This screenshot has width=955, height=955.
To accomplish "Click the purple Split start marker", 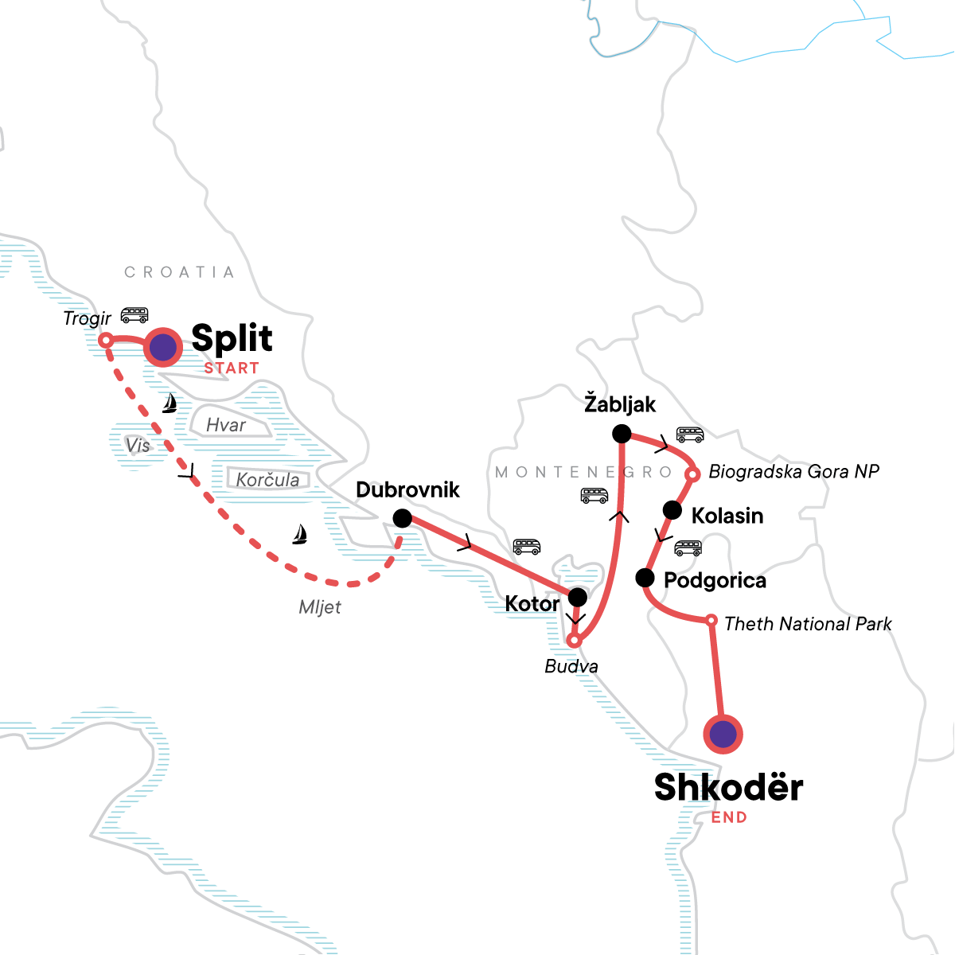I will (x=162, y=348).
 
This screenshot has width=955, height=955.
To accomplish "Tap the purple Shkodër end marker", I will (x=723, y=734).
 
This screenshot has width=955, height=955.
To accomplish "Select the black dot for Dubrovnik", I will (x=403, y=519).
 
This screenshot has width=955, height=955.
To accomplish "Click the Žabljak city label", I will (x=620, y=404).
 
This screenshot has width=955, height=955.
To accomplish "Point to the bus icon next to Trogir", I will (x=134, y=314).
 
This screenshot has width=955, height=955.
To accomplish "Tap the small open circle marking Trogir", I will (x=105, y=341).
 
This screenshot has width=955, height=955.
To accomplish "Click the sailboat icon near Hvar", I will (x=169, y=403).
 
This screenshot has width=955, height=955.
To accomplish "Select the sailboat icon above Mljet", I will (x=299, y=534).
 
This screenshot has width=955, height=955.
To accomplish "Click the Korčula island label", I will (x=267, y=480).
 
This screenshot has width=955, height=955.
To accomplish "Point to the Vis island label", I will (x=138, y=446).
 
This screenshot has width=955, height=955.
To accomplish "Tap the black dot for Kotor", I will (x=578, y=597).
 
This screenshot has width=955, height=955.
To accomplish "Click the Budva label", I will (x=571, y=666).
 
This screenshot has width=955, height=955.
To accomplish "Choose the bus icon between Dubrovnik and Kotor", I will (x=527, y=547).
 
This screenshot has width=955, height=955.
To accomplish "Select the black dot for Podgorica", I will (x=645, y=578).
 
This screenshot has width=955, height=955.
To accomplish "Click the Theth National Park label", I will (x=808, y=624).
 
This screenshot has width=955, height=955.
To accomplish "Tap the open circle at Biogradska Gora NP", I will (x=692, y=474).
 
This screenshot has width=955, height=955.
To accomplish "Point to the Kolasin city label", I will (x=727, y=516).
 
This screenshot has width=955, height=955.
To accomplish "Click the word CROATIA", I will (x=179, y=272).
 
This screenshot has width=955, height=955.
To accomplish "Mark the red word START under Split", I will (x=232, y=368).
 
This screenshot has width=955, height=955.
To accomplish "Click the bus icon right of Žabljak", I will (x=690, y=435).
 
